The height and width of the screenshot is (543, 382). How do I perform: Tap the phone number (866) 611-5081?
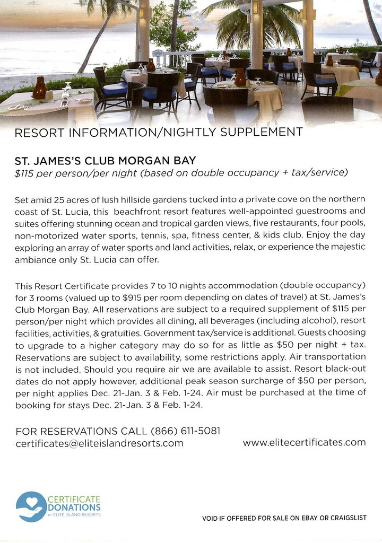[x=186, y=431]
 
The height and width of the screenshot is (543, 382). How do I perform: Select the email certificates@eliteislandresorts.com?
[x=99, y=443]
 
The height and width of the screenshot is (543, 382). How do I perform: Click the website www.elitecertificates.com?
[x=304, y=442]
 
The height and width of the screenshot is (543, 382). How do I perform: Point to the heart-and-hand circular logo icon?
[x=31, y=506]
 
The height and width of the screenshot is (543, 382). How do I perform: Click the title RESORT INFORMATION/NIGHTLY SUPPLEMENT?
[x=159, y=133]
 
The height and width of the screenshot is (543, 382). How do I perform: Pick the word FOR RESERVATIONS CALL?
[x=82, y=431]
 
